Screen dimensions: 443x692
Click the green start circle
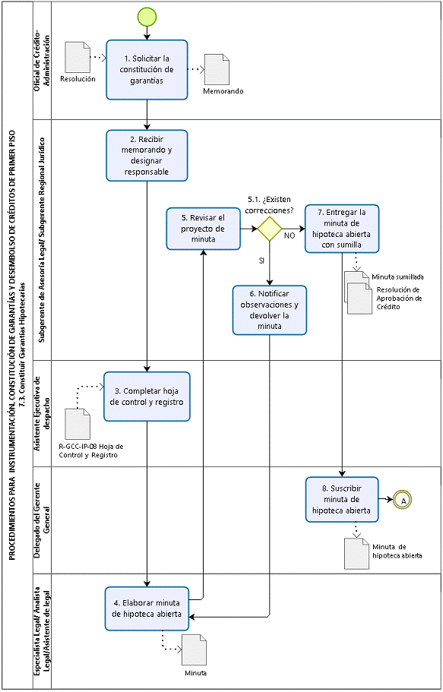(x=147, y=17)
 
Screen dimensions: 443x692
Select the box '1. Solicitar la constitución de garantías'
(x=147, y=70)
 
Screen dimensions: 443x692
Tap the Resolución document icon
(x=78, y=58)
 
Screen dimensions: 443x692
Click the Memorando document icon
(x=217, y=69)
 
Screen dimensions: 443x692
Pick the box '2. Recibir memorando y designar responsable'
(x=147, y=155)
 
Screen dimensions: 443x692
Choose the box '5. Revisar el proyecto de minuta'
(x=203, y=229)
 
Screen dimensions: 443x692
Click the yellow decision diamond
(x=270, y=229)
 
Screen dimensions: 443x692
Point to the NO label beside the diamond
(x=290, y=236)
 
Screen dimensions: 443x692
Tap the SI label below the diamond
(x=261, y=261)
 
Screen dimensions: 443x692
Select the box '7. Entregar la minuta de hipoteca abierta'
(x=342, y=229)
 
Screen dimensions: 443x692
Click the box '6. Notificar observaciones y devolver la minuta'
(x=270, y=310)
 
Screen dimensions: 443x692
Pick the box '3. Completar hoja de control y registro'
(x=147, y=397)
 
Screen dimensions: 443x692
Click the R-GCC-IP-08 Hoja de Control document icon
(x=78, y=424)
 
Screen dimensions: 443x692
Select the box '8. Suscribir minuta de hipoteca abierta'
(x=342, y=500)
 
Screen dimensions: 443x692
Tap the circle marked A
(x=403, y=500)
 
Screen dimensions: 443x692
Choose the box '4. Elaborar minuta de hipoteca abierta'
(x=147, y=608)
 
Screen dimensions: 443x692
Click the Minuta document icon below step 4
(x=194, y=649)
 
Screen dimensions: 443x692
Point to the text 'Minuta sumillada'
(x=397, y=277)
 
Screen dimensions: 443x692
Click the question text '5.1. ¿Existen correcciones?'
(x=270, y=205)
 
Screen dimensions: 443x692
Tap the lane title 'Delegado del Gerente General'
(x=42, y=519)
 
